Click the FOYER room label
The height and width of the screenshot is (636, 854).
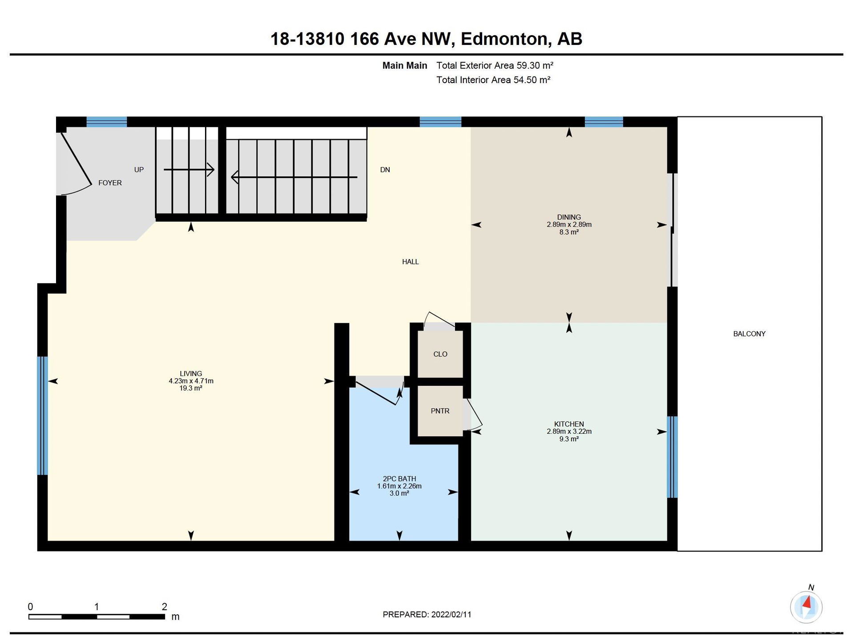(x=110, y=183)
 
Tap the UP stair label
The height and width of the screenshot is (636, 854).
(x=139, y=169)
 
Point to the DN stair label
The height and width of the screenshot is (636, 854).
(x=385, y=169)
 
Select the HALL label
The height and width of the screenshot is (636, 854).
(x=410, y=262)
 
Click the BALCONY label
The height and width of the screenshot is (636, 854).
(x=749, y=334)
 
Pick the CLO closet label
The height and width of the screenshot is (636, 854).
(x=440, y=354)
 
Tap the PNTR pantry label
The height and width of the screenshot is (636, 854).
(x=440, y=411)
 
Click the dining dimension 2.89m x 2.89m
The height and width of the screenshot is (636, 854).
(x=569, y=224)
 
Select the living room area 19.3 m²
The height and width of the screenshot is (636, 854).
(x=191, y=388)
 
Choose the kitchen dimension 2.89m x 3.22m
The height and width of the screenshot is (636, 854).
(x=569, y=431)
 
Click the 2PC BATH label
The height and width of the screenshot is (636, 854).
(x=399, y=479)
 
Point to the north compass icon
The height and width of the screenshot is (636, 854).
(x=806, y=606)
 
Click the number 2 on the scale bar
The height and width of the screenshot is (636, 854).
(x=164, y=607)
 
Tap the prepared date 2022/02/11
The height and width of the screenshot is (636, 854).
(x=451, y=614)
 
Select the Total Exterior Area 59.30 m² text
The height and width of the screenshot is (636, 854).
(x=495, y=65)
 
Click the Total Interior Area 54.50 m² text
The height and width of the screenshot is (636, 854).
(x=493, y=80)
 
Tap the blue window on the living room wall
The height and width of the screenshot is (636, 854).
(x=42, y=416)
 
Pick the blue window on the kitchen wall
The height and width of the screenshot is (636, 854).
(x=672, y=457)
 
